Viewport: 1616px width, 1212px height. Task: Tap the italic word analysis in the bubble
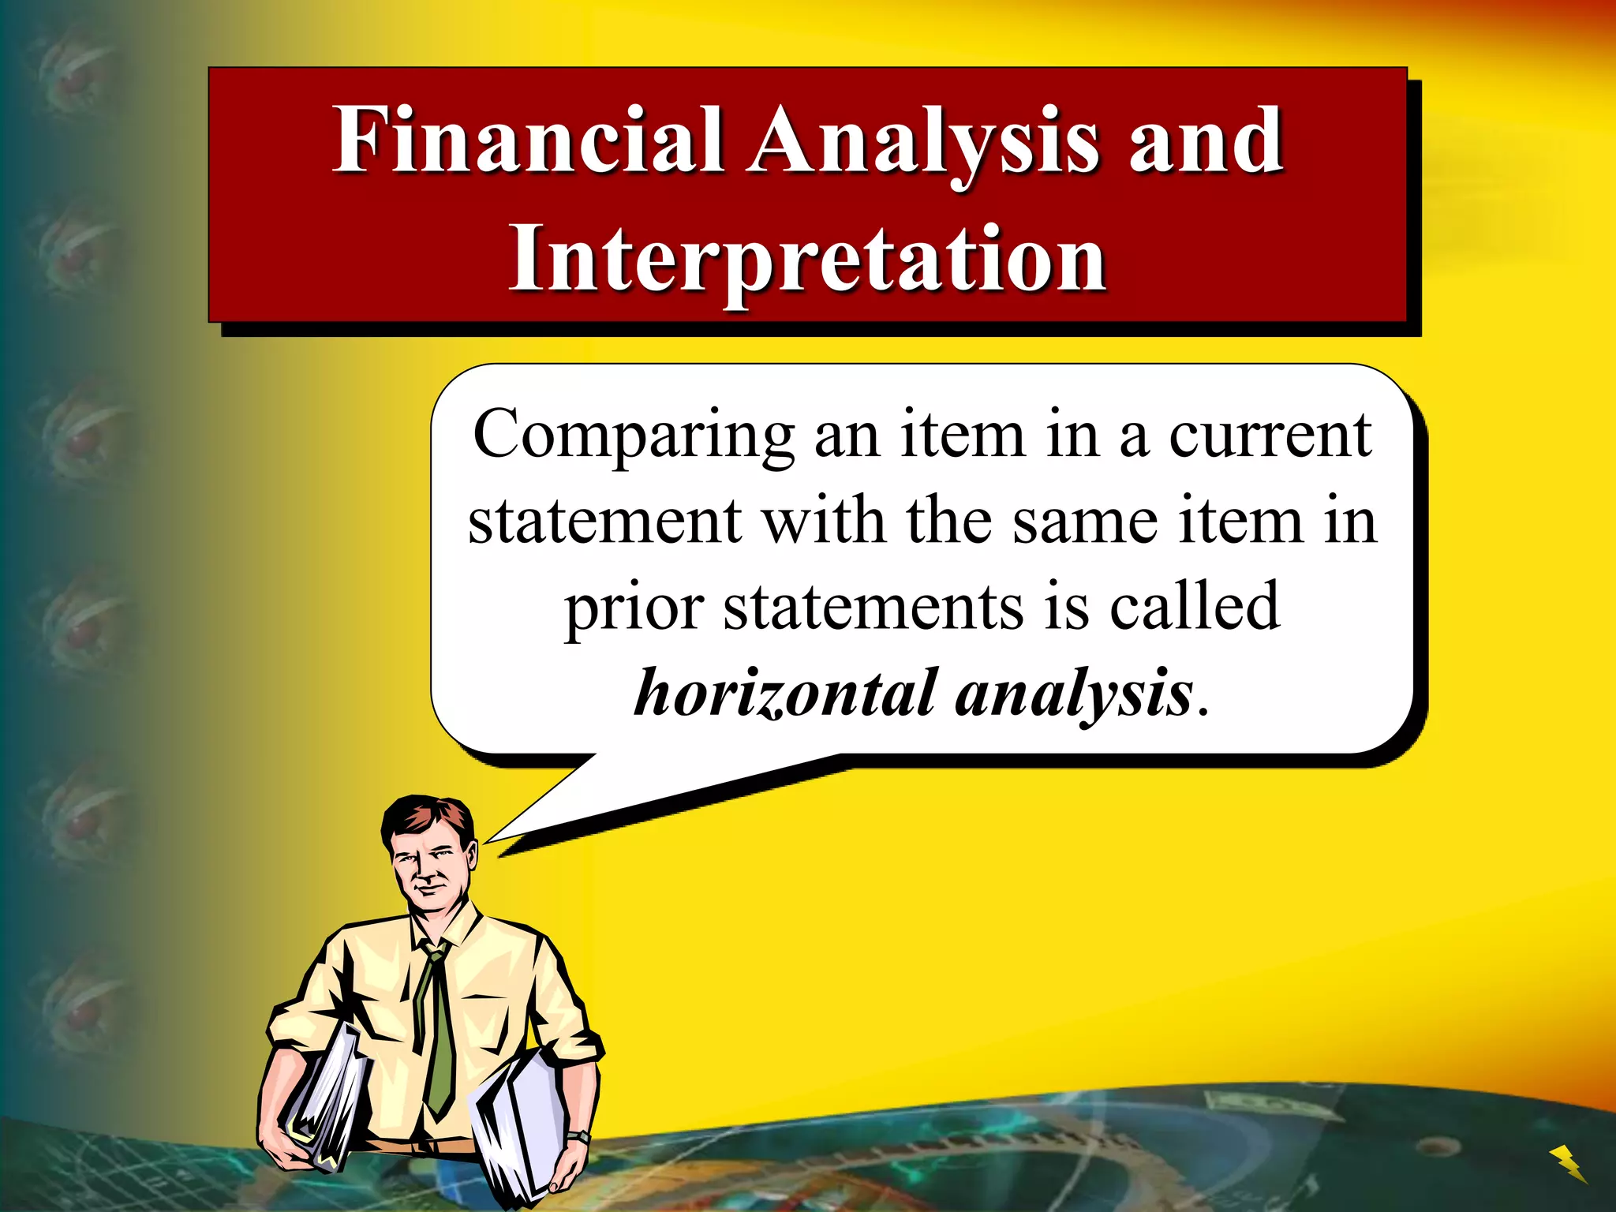click(1073, 694)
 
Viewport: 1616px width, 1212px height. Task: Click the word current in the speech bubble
click(1270, 436)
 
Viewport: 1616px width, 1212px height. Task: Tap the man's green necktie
click(439, 1034)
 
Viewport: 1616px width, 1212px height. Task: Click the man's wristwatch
click(579, 1137)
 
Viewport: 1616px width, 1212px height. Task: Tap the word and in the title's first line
click(1205, 142)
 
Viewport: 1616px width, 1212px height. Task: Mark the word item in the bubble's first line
click(963, 436)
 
